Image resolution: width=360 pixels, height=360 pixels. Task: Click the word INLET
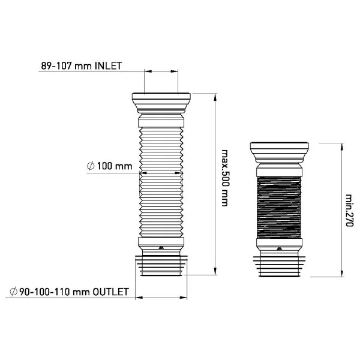(109, 66)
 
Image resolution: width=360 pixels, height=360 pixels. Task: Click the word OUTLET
(110, 292)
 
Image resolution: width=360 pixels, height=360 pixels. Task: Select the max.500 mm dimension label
(225, 178)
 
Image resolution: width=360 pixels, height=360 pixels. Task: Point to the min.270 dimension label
(349, 211)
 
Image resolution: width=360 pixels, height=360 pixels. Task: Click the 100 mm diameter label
(115, 166)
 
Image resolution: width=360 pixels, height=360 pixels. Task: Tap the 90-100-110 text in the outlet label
(44, 292)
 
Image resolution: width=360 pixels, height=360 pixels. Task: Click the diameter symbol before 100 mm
(91, 166)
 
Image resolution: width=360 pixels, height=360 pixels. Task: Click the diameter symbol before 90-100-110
(14, 292)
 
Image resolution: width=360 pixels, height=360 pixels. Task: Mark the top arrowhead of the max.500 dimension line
(215, 97)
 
